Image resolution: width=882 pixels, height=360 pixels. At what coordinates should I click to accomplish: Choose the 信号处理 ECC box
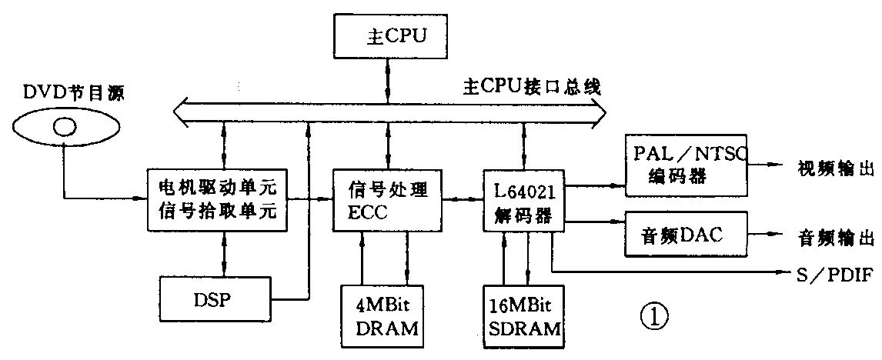(384, 199)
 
